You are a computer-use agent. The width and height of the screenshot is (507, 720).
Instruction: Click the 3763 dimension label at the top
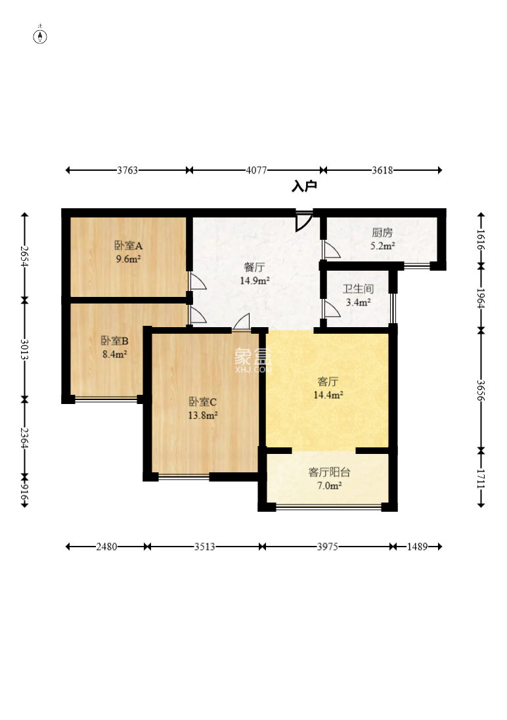pyautogui.click(x=127, y=170)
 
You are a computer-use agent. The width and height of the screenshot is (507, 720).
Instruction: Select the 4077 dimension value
pyautogui.click(x=256, y=170)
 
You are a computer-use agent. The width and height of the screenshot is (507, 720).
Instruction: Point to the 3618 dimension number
pyautogui.click(x=382, y=170)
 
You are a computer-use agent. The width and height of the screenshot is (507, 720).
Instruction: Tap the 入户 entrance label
pyautogui.click(x=304, y=187)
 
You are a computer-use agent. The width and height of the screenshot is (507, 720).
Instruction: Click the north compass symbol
pyautogui.click(x=41, y=36)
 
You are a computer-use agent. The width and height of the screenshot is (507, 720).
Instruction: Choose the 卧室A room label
pyautogui.click(x=128, y=246)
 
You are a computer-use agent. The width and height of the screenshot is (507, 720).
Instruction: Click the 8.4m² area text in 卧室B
pyautogui.click(x=115, y=354)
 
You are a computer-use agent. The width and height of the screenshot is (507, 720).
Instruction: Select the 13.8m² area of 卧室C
pyautogui.click(x=202, y=416)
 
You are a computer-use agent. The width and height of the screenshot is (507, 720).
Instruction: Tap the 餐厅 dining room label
pyautogui.click(x=254, y=267)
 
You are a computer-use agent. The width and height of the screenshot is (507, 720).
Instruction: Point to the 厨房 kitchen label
pyautogui.click(x=382, y=233)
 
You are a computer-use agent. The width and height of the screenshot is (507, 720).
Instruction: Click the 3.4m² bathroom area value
pyautogui.click(x=358, y=303)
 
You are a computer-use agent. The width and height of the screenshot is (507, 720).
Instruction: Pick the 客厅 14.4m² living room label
pyautogui.click(x=328, y=388)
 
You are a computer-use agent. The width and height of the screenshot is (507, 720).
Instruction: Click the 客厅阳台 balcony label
pyautogui.click(x=329, y=472)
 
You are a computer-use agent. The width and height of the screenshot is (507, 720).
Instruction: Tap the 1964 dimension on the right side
pyautogui.click(x=481, y=298)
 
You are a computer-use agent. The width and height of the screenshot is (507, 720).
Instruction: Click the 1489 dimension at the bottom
pyautogui.click(x=417, y=547)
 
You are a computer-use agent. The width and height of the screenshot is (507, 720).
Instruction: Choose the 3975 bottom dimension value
pyautogui.click(x=328, y=547)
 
